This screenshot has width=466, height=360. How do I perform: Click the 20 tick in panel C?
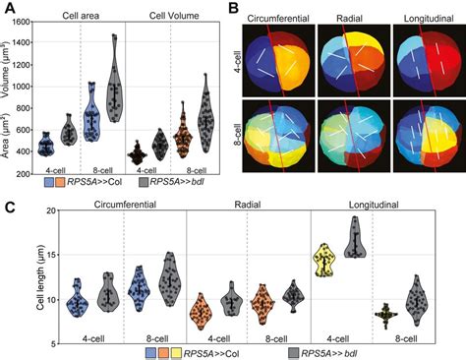coord(46,223)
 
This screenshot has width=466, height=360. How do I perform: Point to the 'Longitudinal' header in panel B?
coord(424,16)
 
